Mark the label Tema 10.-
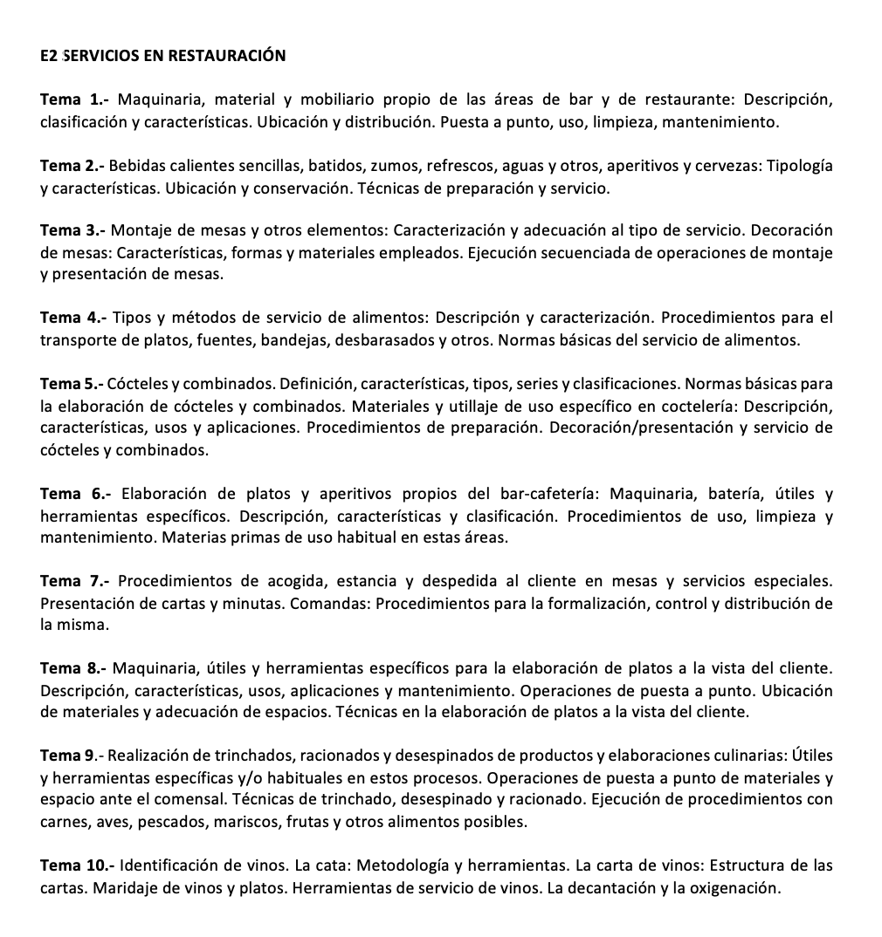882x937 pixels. (x=77, y=866)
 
